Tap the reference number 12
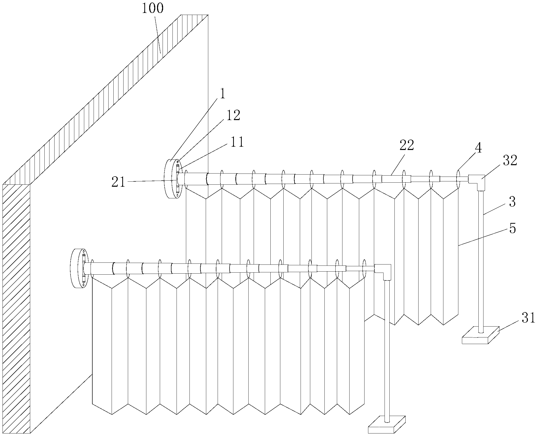point(233,116)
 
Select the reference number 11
point(237,142)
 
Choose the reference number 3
point(512,202)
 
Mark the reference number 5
point(512,229)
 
